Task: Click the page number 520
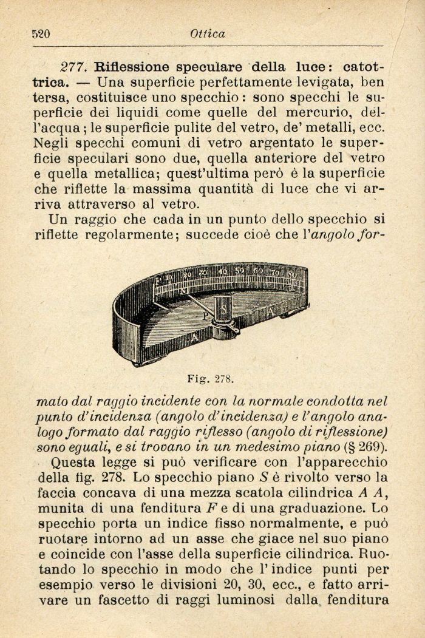(x=41, y=34)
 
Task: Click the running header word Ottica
(x=207, y=34)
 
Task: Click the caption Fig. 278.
(x=210, y=379)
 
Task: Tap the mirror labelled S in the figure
(x=223, y=310)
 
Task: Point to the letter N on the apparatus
(x=183, y=290)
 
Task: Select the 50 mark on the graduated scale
(x=240, y=270)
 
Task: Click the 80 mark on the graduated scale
(x=292, y=274)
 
